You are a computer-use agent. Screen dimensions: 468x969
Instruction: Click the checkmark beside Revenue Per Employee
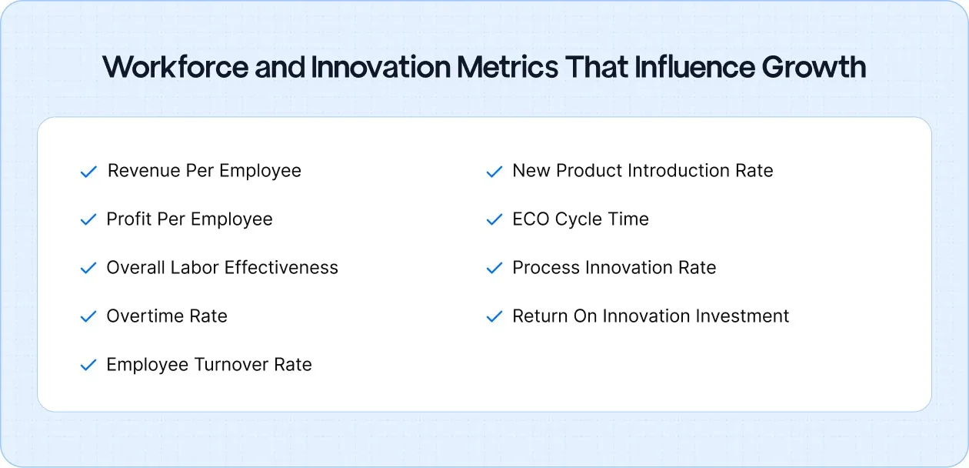(x=88, y=172)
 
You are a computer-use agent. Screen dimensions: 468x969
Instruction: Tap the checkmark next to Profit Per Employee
(x=88, y=220)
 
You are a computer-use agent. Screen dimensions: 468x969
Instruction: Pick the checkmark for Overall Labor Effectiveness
(x=88, y=269)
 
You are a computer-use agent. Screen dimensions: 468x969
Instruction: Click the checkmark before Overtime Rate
(x=88, y=317)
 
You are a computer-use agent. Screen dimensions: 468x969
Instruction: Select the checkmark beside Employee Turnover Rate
(x=88, y=366)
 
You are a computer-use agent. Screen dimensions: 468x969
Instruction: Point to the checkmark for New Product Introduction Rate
(x=494, y=172)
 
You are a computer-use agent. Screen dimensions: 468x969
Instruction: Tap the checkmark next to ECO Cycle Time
(x=494, y=220)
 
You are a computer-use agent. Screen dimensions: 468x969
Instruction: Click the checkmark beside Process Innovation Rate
(x=494, y=269)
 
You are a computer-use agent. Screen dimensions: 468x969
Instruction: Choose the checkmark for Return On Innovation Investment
(x=494, y=317)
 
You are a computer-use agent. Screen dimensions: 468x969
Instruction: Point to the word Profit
(x=129, y=219)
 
